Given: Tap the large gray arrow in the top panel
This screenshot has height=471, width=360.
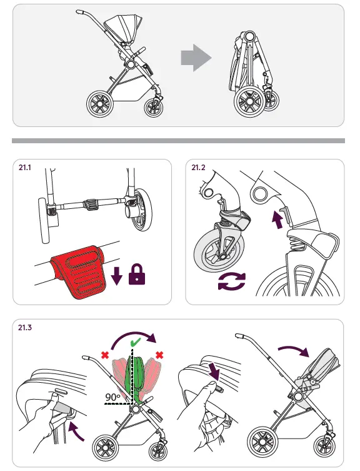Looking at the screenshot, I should click(196, 58).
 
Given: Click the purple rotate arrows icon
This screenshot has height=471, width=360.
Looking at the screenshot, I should click(231, 282).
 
